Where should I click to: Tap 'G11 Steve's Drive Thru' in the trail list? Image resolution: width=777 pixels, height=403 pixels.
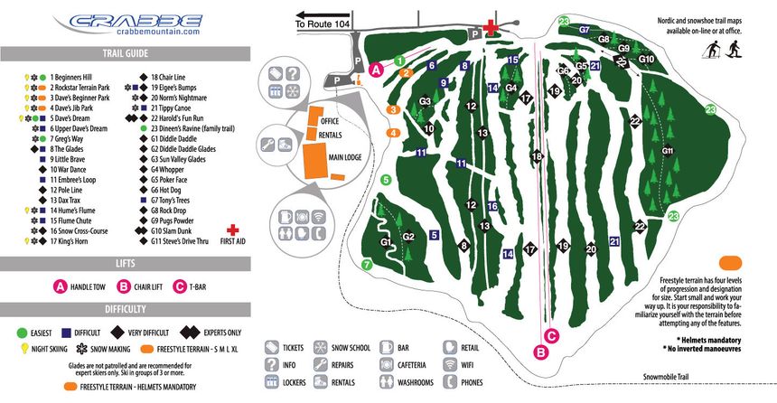188,241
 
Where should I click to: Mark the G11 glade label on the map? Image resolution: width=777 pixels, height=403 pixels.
669,150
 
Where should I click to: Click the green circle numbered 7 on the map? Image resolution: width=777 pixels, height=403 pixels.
367,265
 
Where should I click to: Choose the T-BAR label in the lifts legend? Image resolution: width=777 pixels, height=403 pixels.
209,287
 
